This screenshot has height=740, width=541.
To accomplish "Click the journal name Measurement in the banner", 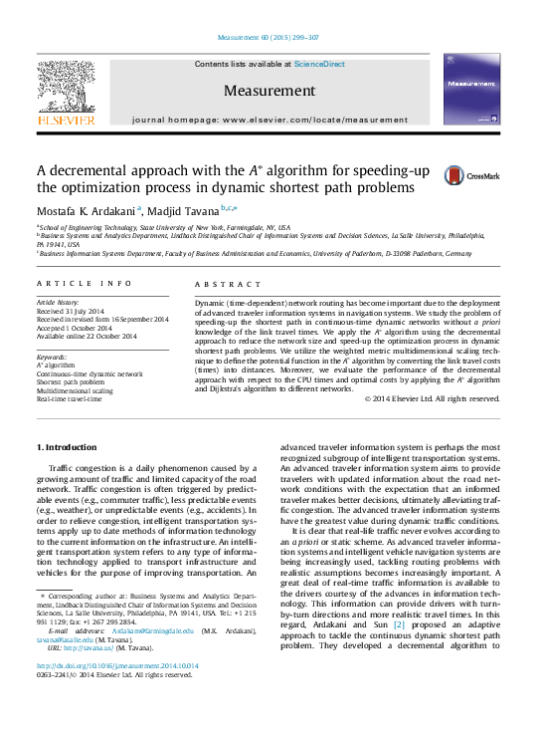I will [x=269, y=91].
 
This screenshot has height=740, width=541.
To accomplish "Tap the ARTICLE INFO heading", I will [x=84, y=284].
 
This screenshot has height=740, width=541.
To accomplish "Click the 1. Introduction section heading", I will [x=66, y=446].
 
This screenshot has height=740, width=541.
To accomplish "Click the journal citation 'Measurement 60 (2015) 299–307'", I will [x=269, y=38].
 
